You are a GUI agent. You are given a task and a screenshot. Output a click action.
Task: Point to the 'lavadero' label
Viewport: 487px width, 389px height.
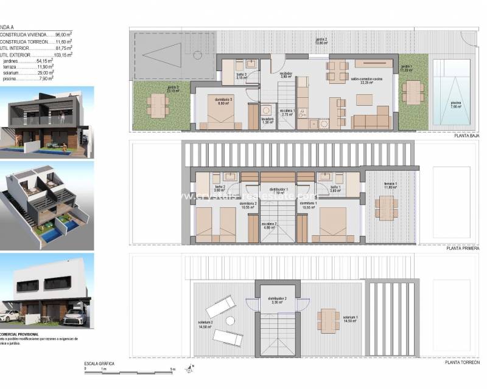click(x=268, y=120)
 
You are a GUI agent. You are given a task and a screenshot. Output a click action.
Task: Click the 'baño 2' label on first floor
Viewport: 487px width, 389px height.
click(x=220, y=188)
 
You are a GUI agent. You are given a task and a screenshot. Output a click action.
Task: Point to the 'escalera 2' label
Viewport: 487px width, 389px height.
click(x=270, y=225)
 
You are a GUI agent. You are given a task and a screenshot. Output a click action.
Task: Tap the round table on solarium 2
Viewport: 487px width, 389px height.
click(x=230, y=321)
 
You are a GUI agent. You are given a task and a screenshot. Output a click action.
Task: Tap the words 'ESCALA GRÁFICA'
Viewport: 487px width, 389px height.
click(x=99, y=363)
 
